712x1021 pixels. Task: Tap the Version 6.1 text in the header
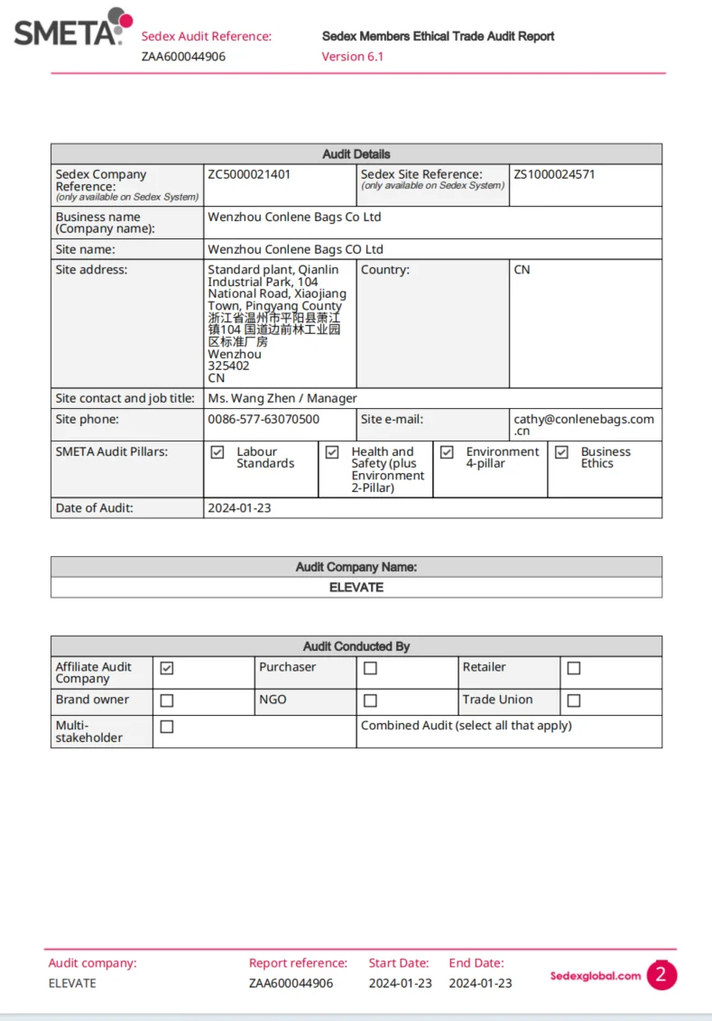pos(353,56)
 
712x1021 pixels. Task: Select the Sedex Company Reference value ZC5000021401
pos(249,174)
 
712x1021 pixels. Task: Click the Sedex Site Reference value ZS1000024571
pos(554,174)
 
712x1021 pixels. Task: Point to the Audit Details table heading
pos(356,154)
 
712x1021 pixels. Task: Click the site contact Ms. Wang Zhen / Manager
pos(282,398)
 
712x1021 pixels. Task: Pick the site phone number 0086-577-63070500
pos(264,419)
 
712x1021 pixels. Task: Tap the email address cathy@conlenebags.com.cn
pos(583,424)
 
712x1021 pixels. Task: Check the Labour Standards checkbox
pos(217,452)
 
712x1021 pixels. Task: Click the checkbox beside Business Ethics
pos(561,452)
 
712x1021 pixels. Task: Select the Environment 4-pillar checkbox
pos(447,452)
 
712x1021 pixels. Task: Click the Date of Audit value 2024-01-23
pos(239,508)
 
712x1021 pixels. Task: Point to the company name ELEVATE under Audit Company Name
pos(356,587)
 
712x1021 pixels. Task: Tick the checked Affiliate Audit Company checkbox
pos(167,668)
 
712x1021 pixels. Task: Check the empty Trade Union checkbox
pos(574,701)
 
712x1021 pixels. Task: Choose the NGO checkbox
pos(370,701)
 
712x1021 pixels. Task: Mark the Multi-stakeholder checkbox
pos(167,727)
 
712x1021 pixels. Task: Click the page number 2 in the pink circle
pos(661,975)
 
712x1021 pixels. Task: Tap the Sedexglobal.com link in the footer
pos(596,976)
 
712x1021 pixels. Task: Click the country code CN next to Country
pos(522,270)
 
